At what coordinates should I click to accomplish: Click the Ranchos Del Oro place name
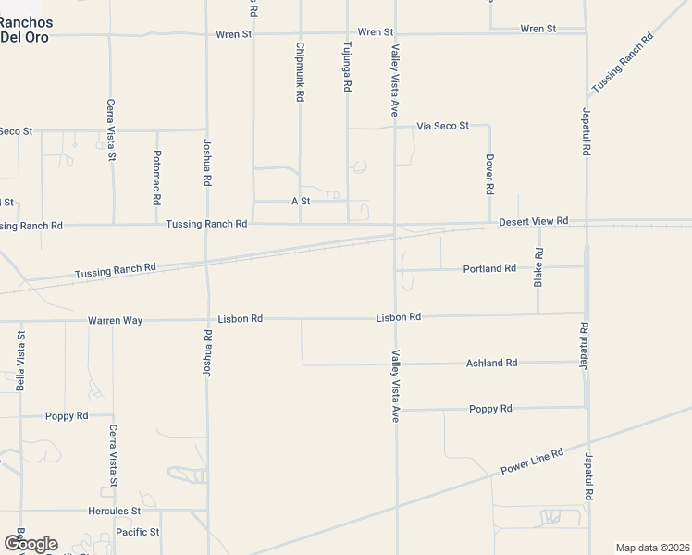coord(26,30)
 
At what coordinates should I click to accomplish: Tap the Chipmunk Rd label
coord(300,71)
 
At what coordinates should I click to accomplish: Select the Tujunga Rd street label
coord(347,66)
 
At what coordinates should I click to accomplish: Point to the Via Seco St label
coord(443,125)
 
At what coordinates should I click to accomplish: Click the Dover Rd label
coord(489,174)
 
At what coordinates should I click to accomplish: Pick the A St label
coord(300,201)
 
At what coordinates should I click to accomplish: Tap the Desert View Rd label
coord(533,222)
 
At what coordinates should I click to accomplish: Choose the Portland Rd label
coord(489,268)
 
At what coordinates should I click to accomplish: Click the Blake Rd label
coord(538,266)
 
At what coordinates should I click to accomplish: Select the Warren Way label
coord(115,320)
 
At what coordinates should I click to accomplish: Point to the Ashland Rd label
coord(491,363)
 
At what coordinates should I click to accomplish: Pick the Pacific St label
coord(138,532)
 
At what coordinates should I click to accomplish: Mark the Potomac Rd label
coord(157,177)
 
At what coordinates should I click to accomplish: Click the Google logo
coord(30,543)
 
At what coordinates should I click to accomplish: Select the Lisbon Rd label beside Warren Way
coord(240,319)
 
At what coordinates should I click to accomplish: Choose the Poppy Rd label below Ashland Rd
coord(490,408)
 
